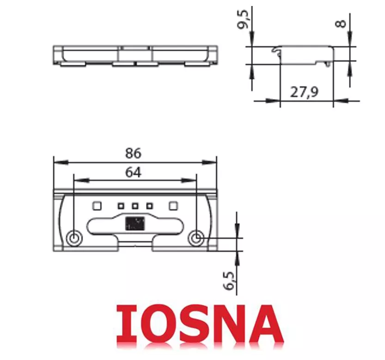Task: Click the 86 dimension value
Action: click(x=133, y=153)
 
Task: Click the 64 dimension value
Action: click(x=133, y=173)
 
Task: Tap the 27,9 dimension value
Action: click(x=304, y=92)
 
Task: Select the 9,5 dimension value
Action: click(x=244, y=20)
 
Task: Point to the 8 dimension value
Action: click(x=341, y=24)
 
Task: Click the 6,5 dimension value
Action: click(x=230, y=280)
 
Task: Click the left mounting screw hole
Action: click(x=74, y=238)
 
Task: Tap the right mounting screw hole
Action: click(x=196, y=238)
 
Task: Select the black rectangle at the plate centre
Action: click(x=135, y=223)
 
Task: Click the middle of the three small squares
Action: click(x=135, y=206)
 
